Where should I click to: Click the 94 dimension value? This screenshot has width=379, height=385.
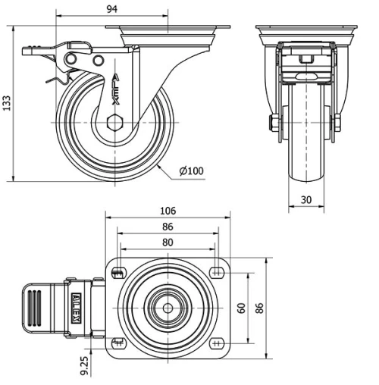112,9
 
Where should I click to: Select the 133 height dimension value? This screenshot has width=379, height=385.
8,102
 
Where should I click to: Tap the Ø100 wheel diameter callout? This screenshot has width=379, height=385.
192,171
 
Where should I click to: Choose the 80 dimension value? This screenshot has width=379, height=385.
168,243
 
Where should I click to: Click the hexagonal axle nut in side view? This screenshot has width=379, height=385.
115,121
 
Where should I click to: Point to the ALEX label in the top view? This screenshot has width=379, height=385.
76,308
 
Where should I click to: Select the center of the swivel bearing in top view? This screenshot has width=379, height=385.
167,308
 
